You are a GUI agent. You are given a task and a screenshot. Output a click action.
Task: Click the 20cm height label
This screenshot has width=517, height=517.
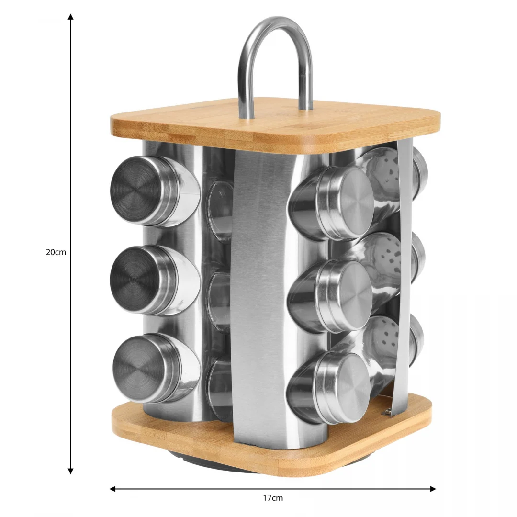(x=56, y=252)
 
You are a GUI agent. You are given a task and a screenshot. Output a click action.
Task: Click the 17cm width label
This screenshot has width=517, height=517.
(x=273, y=497)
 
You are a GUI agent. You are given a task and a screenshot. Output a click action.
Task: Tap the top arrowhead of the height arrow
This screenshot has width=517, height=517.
(x=70, y=17)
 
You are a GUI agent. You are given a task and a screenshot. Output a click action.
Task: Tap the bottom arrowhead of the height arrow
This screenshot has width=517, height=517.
(x=70, y=471)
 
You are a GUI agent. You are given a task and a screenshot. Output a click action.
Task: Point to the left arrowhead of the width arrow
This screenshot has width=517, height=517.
(x=113, y=489)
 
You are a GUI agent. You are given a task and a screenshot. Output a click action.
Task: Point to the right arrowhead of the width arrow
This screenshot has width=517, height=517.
(x=433, y=489)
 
